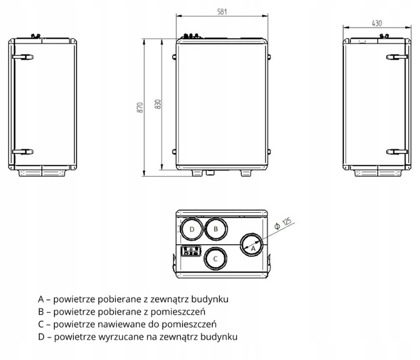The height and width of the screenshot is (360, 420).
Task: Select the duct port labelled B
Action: tap(215, 230)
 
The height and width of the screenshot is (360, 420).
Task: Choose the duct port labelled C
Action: tap(215, 258)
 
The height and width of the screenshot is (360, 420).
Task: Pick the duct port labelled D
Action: tap(192, 230)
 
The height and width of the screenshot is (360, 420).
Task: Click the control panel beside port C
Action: tap(192, 251)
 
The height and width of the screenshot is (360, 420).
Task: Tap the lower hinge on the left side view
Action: tap(23, 151)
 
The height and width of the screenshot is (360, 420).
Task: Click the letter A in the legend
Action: tap(40, 299)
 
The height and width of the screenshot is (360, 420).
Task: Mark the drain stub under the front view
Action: tap(210, 172)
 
